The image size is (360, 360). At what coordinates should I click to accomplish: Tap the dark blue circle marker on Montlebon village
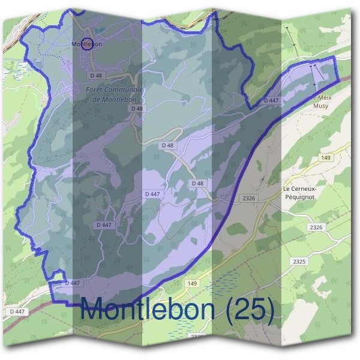(87, 44)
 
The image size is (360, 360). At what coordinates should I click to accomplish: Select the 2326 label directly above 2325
(316, 227)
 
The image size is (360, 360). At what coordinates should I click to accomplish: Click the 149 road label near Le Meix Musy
(326, 158)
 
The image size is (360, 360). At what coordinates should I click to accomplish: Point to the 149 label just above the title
(192, 283)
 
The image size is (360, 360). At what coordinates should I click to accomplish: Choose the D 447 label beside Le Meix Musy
(271, 101)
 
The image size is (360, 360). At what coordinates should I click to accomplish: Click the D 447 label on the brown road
(17, 311)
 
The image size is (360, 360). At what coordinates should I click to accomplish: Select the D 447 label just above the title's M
(71, 282)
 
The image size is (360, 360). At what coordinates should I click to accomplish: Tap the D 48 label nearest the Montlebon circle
(97, 76)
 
